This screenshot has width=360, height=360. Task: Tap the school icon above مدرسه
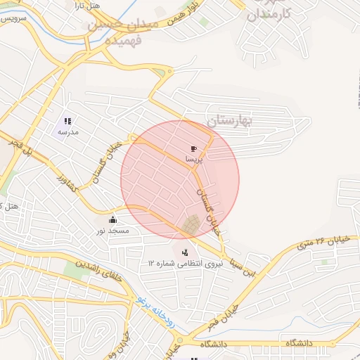click(x=67, y=122)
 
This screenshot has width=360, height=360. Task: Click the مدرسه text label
click(x=67, y=132)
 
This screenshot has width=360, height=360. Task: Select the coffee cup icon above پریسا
click(x=194, y=149)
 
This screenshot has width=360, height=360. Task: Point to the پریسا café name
click(x=194, y=160)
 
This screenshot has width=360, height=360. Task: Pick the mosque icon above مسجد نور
click(x=112, y=220)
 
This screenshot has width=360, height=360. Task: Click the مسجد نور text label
click(x=112, y=231)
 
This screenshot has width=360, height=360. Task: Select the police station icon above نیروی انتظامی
click(x=185, y=252)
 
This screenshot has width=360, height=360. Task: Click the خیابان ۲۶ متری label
click(x=314, y=242)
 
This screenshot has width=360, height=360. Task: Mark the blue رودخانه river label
click(x=155, y=309)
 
